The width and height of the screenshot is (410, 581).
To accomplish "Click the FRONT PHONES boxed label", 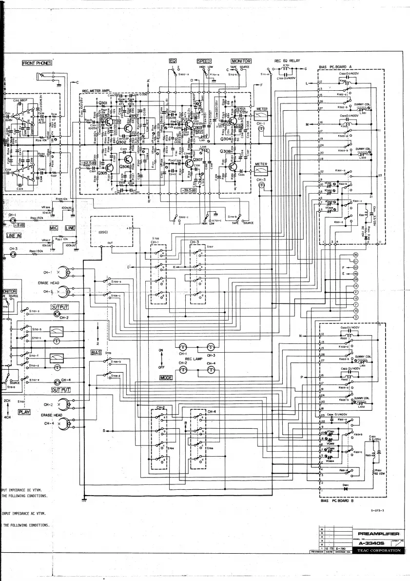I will tap(37, 63).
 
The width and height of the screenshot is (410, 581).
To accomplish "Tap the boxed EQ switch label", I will tap(172, 61).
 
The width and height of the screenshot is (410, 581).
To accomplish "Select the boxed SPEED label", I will tap(204, 61).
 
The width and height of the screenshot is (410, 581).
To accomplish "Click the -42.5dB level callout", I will tap(89, 163).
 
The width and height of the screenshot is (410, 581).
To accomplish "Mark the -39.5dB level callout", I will tap(200, 190).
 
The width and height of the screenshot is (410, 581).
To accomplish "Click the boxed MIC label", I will tap(54, 228).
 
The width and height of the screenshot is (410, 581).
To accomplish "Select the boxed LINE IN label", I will tap(14, 236).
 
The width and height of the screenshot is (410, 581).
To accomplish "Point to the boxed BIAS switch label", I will tap(96, 352).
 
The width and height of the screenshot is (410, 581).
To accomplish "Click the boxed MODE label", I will tap(167, 378).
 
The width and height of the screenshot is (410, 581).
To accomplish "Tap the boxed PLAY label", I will tap(24, 412).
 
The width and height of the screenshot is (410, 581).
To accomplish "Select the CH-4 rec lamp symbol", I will tap(211, 371).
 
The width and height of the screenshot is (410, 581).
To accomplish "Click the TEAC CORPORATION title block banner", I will tap(379, 550).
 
